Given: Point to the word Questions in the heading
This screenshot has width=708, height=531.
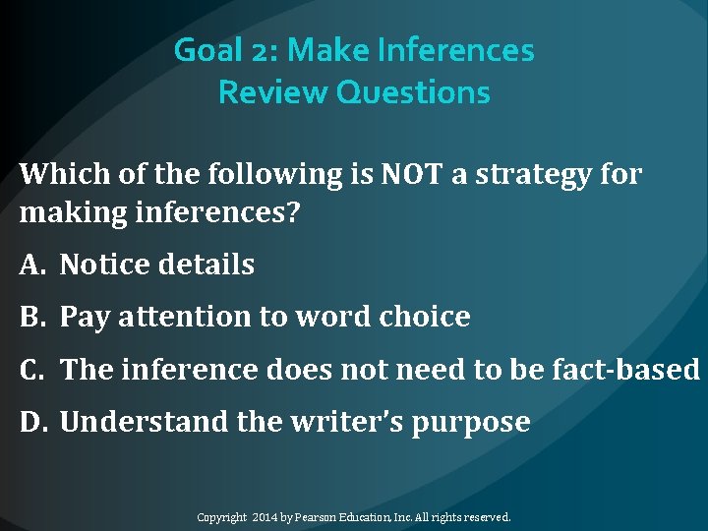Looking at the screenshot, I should point(413,92).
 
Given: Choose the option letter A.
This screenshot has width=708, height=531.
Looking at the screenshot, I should point(31,265).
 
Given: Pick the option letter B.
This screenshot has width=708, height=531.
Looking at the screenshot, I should point(31,318).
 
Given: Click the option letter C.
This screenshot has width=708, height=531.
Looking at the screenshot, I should point(31,370).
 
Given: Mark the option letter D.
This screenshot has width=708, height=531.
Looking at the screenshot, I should point(31,423).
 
